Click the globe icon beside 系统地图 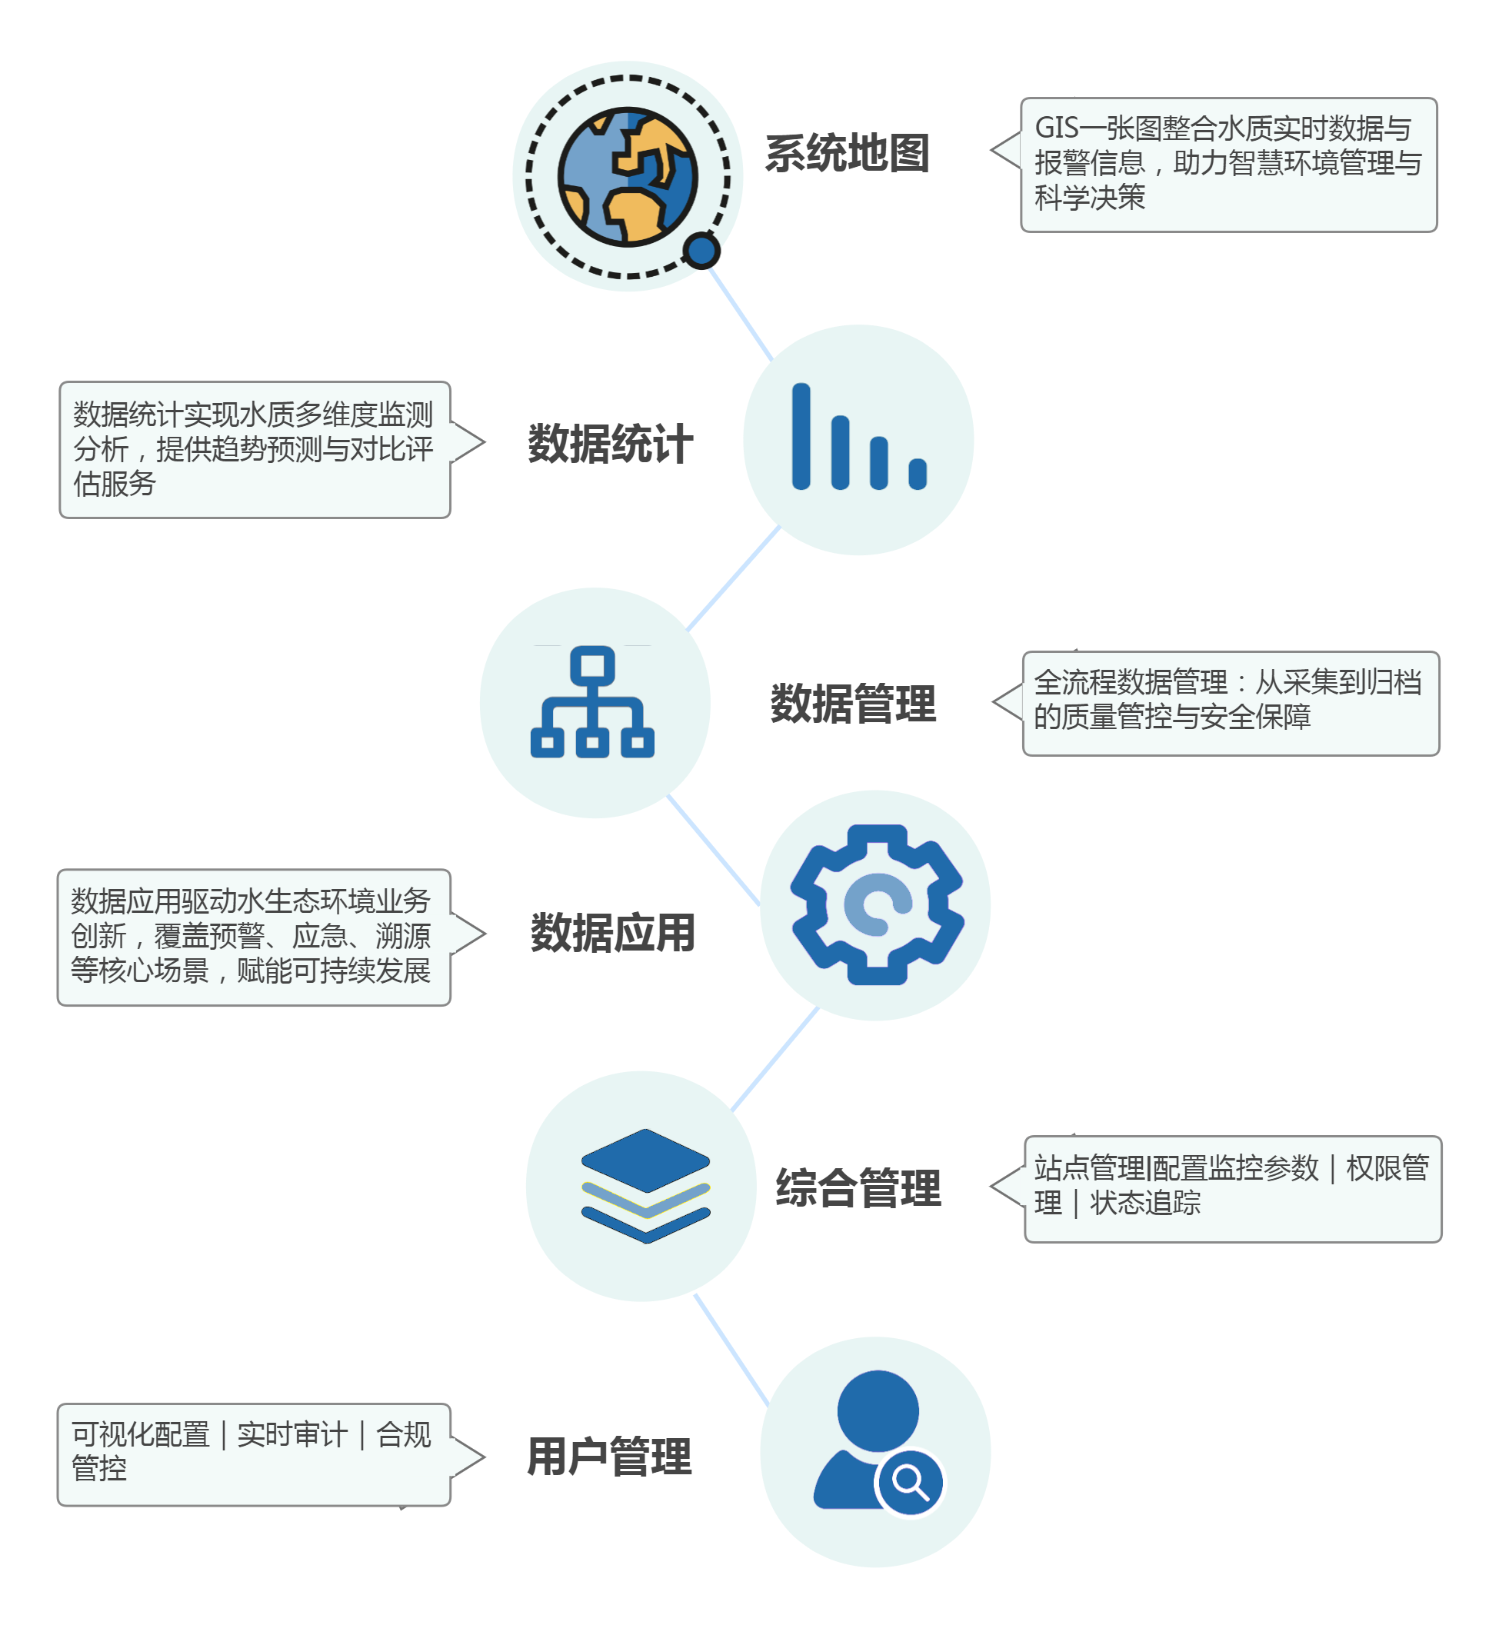[x=627, y=176]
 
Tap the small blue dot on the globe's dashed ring [x=701, y=251]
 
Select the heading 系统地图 [x=847, y=153]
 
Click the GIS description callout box [x=1228, y=165]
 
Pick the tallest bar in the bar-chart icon [x=801, y=436]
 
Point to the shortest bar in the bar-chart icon [x=918, y=475]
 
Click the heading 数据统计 [x=611, y=445]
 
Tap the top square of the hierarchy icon [x=592, y=667]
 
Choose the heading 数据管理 [x=853, y=704]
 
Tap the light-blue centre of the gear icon [x=877, y=905]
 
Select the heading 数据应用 [x=613, y=934]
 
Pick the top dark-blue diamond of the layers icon [x=646, y=1161]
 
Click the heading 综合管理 [x=858, y=1189]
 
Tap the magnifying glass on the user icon [x=910, y=1482]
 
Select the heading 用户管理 [x=609, y=1457]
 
